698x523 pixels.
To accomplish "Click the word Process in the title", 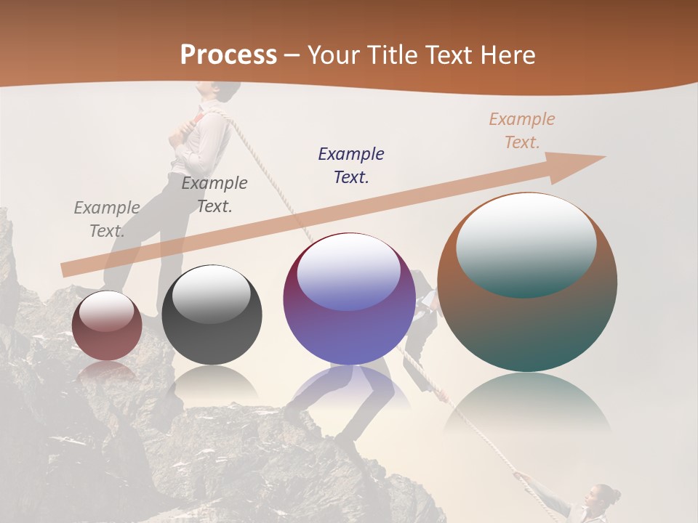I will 228,54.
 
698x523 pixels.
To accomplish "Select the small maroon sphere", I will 107,325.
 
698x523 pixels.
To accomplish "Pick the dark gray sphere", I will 212,315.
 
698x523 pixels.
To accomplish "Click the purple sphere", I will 349,299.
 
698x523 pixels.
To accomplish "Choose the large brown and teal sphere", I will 527,282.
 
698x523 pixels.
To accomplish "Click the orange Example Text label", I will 521,131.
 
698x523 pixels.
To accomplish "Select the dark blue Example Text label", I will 351,165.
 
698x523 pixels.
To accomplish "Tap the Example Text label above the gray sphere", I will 214,195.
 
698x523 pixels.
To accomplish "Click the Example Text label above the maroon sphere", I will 107,219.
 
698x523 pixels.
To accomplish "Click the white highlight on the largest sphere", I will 526,243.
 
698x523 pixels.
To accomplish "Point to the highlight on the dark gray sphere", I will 211,293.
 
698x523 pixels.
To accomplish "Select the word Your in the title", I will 332,54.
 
